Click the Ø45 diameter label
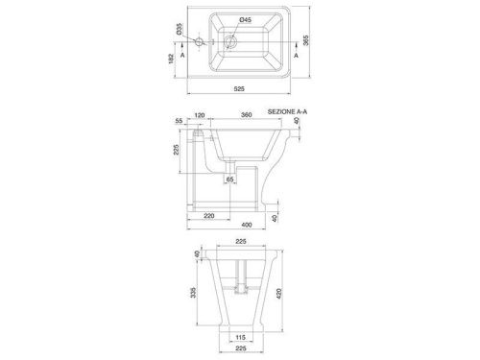click(246, 20)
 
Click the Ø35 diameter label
click(179, 29)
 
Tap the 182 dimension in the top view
click(171, 59)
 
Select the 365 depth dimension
click(306, 40)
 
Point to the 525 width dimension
click(239, 89)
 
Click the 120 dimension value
click(200, 115)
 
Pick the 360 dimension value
click(246, 115)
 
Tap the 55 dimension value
click(179, 121)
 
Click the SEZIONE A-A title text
click(287, 111)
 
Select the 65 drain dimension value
click(229, 180)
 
